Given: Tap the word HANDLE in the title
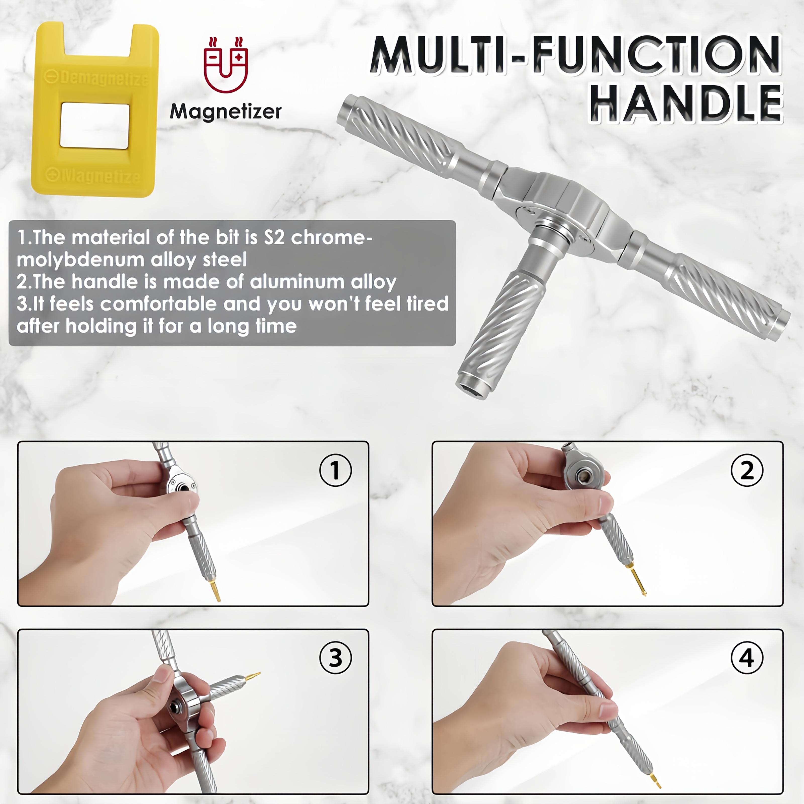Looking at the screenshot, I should click(686, 103).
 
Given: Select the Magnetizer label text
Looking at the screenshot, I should click(226, 112).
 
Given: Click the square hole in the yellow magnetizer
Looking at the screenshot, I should click(95, 126).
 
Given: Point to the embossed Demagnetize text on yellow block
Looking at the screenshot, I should click(96, 78).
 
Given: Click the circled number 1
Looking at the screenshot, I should click(335, 471).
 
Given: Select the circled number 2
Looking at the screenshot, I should click(747, 471).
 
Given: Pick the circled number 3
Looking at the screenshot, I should click(335, 658).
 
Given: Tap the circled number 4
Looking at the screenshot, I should click(747, 658).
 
